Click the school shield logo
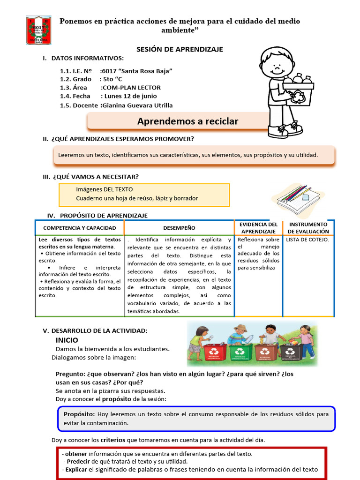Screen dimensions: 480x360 pyautogui.click(x=38, y=30)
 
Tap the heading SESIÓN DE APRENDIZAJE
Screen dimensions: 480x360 pyautogui.click(x=180, y=49)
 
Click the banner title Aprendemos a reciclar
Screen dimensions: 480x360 pyautogui.click(x=187, y=121)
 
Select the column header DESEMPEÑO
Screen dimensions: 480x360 pyautogui.click(x=179, y=228)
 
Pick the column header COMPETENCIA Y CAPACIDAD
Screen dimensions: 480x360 pyautogui.click(x=80, y=228)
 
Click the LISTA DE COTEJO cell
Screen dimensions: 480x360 pyautogui.click(x=307, y=240)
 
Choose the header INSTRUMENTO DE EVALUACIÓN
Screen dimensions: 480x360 pyautogui.click(x=308, y=228)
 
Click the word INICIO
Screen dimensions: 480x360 pyautogui.click(x=67, y=340)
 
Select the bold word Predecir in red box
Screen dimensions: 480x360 pyautogui.click(x=79, y=462)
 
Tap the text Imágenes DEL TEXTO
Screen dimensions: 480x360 pyautogui.click(x=105, y=189)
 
